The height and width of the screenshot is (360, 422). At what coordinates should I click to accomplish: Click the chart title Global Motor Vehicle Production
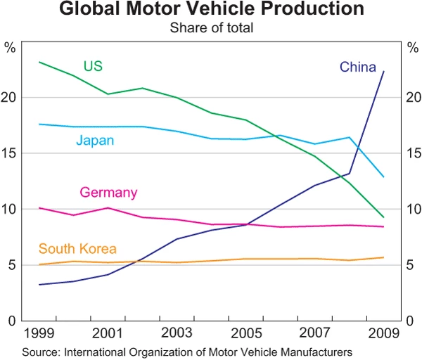click(211, 10)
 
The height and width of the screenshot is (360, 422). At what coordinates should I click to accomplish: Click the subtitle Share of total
click(211, 28)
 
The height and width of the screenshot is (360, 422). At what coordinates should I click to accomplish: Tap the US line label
click(93, 66)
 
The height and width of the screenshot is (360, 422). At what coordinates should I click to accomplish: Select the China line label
click(357, 67)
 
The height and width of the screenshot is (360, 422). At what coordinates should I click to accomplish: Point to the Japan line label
click(95, 141)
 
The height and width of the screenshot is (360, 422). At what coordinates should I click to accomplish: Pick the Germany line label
click(108, 192)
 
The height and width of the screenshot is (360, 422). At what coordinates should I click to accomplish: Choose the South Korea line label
click(77, 248)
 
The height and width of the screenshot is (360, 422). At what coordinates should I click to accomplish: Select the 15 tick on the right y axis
click(412, 153)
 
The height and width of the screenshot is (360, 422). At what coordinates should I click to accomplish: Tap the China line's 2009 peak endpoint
click(383, 72)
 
